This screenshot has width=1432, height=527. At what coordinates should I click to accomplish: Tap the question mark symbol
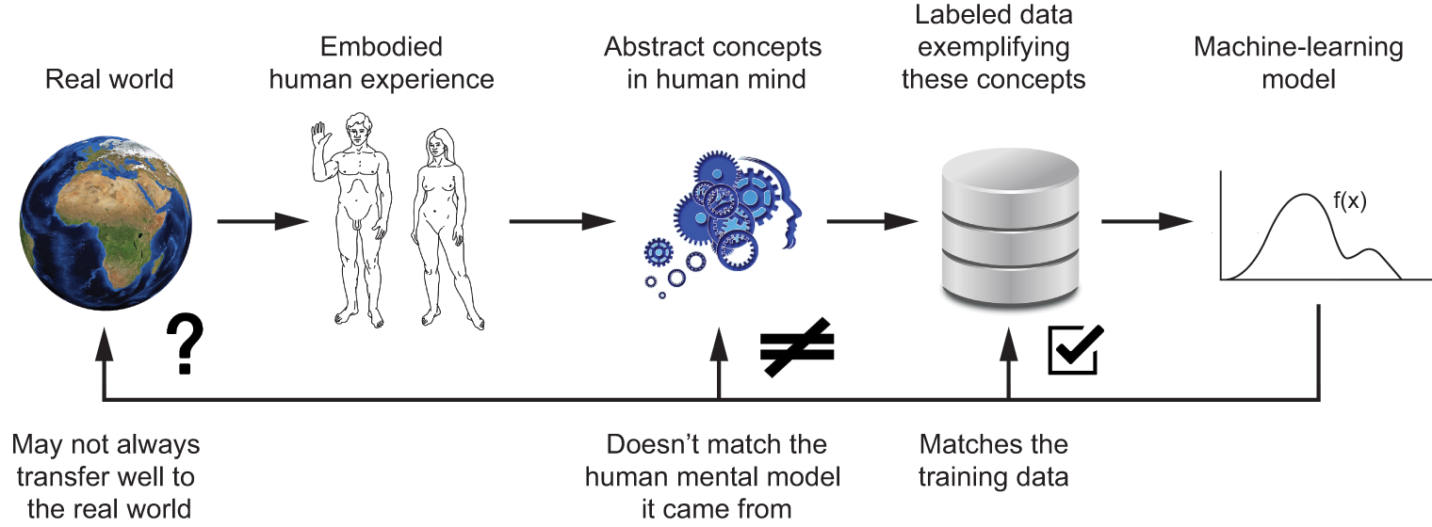(x=186, y=345)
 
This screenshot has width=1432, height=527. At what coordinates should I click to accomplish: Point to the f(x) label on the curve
(x=1349, y=200)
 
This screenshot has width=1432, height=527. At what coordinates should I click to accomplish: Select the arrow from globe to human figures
(x=263, y=222)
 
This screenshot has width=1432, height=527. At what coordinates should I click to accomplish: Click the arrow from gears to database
(x=871, y=222)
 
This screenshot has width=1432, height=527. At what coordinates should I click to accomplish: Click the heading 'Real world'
(x=109, y=78)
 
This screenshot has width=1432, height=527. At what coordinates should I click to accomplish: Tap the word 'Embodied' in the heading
(x=381, y=47)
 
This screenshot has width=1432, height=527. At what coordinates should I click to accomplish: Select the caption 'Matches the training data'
(x=994, y=460)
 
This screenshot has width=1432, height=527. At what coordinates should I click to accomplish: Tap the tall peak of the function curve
(x=1305, y=195)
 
